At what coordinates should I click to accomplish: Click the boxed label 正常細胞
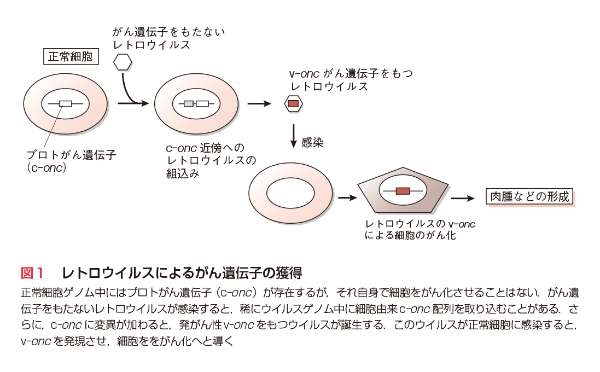coord(70,56)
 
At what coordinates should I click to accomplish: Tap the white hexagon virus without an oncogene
coord(123,61)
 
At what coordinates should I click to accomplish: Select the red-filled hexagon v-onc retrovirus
coord(293,103)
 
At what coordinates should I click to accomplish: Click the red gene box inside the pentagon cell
coord(403,191)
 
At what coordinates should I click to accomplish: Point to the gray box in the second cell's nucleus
coord(188,103)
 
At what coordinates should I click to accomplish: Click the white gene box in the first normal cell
coord(65,103)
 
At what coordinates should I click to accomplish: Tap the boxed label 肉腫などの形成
coord(529,197)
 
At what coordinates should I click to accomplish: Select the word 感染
coord(313,143)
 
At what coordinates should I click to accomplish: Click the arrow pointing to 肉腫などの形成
coord(463,198)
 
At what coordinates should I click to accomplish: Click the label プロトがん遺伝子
coord(72,155)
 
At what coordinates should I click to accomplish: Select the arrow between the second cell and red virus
coord(259,103)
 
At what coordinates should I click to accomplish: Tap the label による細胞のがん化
coord(410,236)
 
